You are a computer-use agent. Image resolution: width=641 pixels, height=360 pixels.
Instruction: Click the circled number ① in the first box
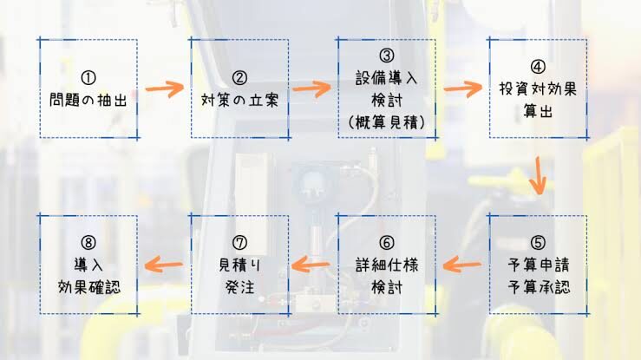coord(88,78)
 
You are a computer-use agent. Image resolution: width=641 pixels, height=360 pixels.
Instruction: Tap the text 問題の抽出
coord(88,100)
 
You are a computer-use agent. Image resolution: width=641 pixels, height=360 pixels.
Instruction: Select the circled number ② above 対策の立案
coord(239,78)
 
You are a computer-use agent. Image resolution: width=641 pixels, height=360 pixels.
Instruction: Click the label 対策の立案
coord(239,100)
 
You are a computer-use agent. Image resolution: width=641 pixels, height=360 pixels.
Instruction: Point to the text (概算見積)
coord(387,122)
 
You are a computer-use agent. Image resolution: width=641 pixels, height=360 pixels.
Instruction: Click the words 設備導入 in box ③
coord(387,78)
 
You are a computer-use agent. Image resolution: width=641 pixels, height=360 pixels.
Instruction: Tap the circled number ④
coord(538,67)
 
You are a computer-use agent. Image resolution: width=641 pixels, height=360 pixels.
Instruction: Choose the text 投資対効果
coord(538,88)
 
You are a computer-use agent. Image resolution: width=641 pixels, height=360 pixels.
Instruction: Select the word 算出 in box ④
coord(538,111)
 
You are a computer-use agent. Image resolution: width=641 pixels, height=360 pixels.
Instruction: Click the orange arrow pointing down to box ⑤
coord(539,176)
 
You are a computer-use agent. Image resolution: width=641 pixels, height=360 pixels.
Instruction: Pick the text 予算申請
coord(538,265)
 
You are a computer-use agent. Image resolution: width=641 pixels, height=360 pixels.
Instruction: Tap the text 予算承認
coord(538,287)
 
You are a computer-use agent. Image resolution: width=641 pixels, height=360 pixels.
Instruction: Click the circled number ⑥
coord(387,243)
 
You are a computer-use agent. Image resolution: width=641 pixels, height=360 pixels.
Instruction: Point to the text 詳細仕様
coord(387,265)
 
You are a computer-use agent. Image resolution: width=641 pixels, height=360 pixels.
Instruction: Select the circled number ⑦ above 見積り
coord(239,243)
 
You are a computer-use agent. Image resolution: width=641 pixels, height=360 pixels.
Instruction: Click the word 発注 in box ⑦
coord(239,287)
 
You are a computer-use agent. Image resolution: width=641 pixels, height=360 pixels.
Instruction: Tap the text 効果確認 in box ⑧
coord(89,287)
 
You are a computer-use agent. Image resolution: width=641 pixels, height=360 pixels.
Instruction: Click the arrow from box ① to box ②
coord(165,88)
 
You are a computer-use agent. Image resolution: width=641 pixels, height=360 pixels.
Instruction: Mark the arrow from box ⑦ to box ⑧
coord(164,265)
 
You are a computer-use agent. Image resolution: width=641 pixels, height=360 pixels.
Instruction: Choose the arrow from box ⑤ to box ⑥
coord(462,265)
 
